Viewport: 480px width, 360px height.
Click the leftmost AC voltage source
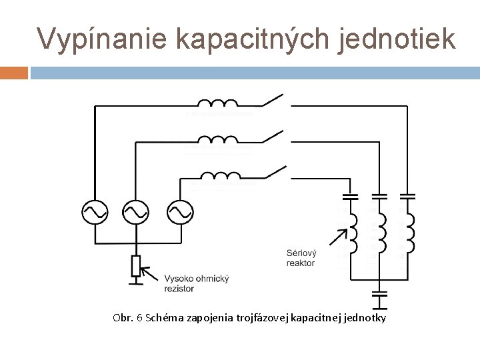[x=95, y=212]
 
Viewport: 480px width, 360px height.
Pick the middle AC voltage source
[x=136, y=212]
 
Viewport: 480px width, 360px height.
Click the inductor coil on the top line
[x=217, y=103]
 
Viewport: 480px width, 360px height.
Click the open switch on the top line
[x=275, y=101]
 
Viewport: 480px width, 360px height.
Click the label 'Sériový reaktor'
[x=301, y=258]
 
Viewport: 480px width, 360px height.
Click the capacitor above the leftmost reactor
[x=350, y=197]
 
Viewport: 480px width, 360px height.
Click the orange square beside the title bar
[x=14, y=71]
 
